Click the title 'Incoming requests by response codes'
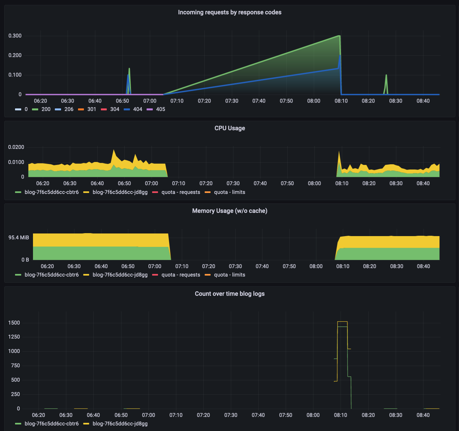point(229,12)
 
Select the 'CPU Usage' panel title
point(229,128)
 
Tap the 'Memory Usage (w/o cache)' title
point(229,211)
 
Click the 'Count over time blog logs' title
point(229,294)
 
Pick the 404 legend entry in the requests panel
point(133,109)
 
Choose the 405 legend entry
point(156,109)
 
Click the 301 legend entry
point(87,109)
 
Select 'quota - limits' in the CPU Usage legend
point(225,192)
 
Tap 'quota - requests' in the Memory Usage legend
point(176,275)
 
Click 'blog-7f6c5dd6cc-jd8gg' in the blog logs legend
point(115,423)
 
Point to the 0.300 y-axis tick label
point(15,36)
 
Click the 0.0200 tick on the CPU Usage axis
point(16,147)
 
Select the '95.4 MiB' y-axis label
point(19,237)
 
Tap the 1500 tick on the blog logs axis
point(14,323)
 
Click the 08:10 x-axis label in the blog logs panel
point(340,415)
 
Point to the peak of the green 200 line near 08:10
point(339,36)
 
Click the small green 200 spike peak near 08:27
point(386,75)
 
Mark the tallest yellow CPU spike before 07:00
point(114,150)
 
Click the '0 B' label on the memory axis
point(25,260)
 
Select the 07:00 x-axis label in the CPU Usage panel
point(151,184)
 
